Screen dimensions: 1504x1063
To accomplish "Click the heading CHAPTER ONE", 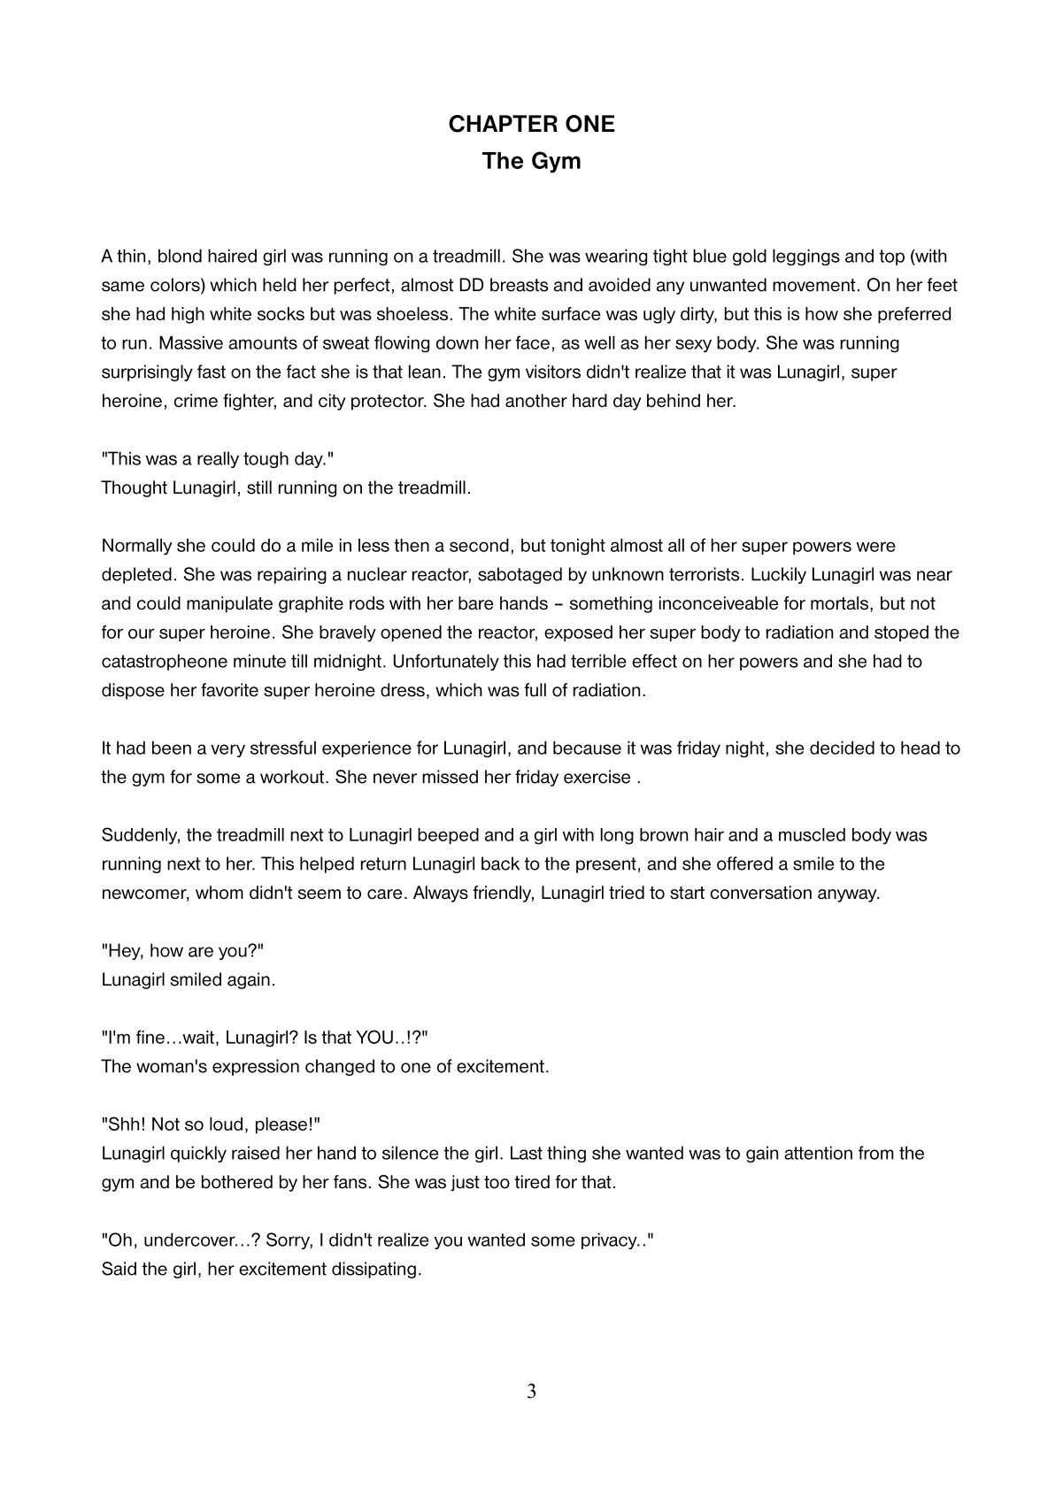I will coord(531,124).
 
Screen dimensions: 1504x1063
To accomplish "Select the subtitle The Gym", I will coord(531,162).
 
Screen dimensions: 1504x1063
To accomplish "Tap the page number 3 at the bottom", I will coord(531,1392).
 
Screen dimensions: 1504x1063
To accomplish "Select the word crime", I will coord(194,401).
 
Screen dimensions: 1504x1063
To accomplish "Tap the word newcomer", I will coord(144,892).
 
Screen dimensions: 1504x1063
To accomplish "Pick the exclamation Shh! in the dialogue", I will coord(125,1124).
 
